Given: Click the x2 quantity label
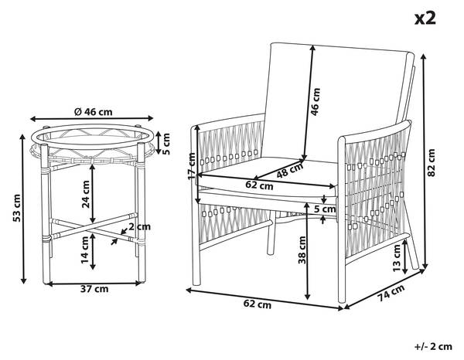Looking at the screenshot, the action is (425, 19).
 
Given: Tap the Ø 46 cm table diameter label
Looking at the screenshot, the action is (94, 112).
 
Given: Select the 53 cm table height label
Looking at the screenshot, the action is (16, 208).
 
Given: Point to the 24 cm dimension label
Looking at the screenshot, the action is (86, 194).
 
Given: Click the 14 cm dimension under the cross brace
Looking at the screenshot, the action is (86, 250).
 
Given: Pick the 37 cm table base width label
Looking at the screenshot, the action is (94, 289).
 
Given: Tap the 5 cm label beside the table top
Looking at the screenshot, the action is (166, 144).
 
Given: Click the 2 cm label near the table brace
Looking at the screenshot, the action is (139, 226).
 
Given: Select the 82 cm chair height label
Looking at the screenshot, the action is (432, 163).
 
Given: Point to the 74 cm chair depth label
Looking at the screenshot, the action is (391, 293).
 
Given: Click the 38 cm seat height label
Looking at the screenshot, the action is (302, 250).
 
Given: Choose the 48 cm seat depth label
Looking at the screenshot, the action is (290, 170).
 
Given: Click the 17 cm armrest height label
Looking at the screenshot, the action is (193, 165).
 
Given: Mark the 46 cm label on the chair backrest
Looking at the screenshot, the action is (316, 102).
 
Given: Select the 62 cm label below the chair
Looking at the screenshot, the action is (258, 304).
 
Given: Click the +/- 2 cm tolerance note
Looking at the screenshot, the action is (433, 347).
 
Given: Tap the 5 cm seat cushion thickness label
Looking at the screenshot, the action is (326, 209).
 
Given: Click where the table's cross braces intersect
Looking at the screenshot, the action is (93, 228).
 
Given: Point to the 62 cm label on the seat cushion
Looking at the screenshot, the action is (259, 185).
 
